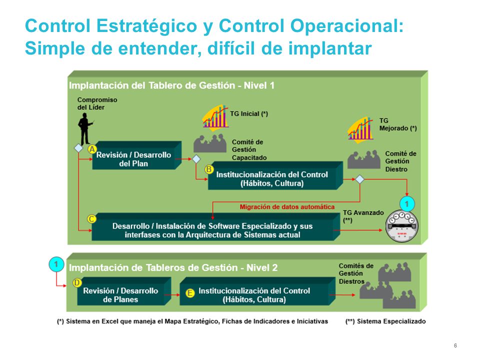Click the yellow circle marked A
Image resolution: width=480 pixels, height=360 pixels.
92,149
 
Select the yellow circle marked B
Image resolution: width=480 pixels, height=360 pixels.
209,169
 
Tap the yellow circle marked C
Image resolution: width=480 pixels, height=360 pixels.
91,219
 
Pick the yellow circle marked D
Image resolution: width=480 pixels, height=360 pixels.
77,282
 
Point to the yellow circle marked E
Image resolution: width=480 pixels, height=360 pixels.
190,293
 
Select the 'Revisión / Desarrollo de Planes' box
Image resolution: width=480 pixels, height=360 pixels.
120,295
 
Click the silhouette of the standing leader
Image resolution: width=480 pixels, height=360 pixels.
84,128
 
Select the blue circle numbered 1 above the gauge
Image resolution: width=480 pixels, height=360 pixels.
407,204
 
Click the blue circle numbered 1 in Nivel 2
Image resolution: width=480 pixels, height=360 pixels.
56,263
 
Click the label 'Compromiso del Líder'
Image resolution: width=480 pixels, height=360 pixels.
97,103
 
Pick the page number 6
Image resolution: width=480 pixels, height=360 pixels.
455,346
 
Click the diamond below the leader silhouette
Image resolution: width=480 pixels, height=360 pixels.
78,148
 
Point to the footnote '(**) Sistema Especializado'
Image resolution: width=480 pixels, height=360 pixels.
385,321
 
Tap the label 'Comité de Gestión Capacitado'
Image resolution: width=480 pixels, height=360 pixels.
249,149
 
